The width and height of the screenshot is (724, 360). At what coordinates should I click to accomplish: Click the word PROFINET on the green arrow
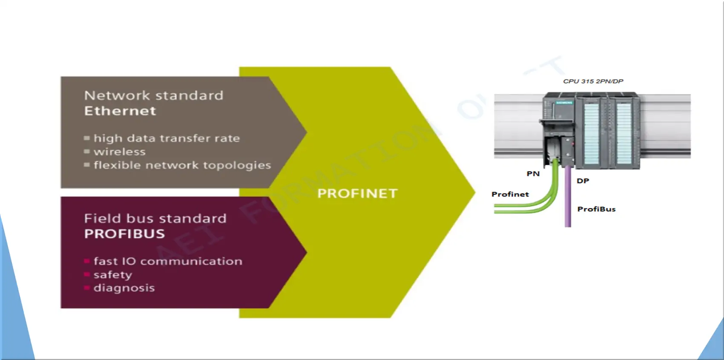click(x=357, y=193)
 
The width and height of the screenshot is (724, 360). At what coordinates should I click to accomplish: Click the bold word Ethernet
click(x=120, y=111)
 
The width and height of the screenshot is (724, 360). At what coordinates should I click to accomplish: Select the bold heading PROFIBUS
click(x=124, y=234)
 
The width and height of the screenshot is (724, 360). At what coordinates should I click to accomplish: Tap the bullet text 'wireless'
click(x=120, y=152)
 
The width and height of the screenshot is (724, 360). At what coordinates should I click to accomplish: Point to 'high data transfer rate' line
click(x=167, y=138)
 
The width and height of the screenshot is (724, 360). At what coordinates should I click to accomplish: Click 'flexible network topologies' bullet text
click(x=182, y=165)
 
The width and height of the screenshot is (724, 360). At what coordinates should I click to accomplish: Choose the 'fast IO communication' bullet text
click(x=168, y=261)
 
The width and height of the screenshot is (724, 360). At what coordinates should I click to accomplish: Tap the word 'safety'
click(x=113, y=275)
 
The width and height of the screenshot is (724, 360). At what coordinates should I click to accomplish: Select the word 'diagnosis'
click(x=124, y=288)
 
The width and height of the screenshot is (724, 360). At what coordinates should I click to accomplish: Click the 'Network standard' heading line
click(x=153, y=95)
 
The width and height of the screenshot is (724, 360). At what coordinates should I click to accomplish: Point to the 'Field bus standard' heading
click(x=155, y=218)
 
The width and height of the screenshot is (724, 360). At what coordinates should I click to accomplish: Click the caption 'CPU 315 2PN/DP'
click(x=593, y=81)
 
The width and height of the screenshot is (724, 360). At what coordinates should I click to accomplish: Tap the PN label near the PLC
click(x=533, y=174)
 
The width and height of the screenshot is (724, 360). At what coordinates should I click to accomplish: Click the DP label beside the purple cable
click(x=583, y=181)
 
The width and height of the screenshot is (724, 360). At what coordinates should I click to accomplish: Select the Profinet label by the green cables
click(x=510, y=194)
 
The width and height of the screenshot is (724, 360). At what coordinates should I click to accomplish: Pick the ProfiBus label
click(x=596, y=209)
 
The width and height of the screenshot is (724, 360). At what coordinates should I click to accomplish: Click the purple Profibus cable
click(x=568, y=197)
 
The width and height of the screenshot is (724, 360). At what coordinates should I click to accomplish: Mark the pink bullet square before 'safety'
click(x=86, y=275)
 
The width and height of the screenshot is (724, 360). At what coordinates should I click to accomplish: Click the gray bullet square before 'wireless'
click(x=86, y=151)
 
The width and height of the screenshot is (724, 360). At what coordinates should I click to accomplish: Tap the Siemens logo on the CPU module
click(x=564, y=103)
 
